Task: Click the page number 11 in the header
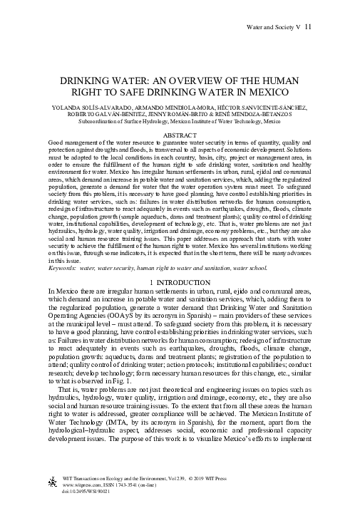point(307,27)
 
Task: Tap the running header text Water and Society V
point(267,27)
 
